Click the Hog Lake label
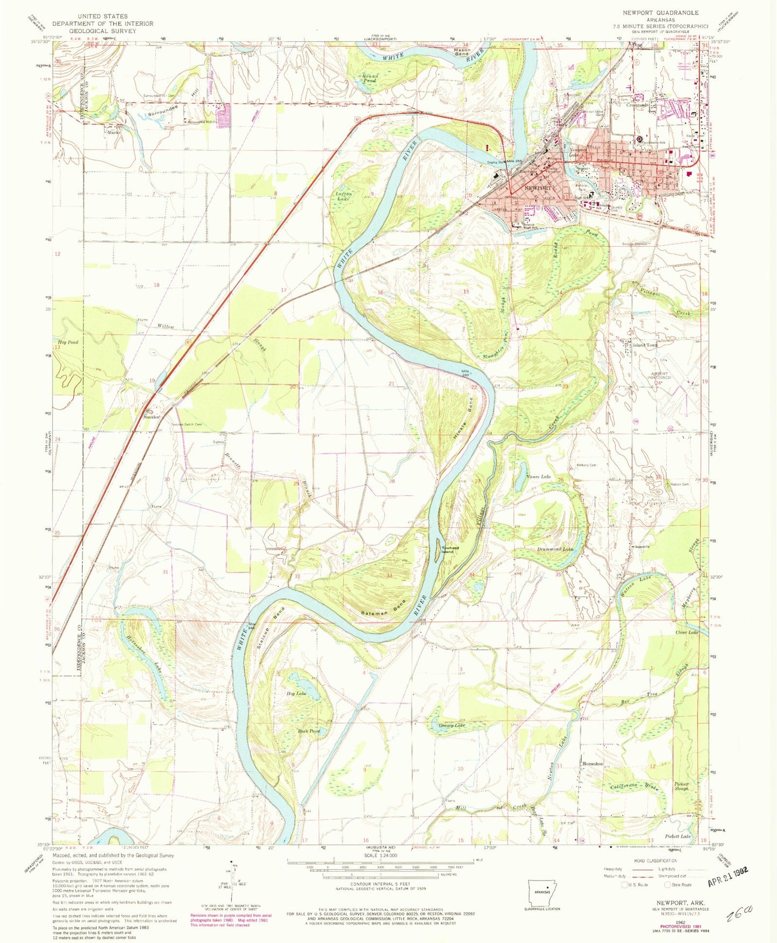[x=297, y=694]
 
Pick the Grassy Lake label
[x=452, y=725]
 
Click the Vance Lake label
[x=538, y=477]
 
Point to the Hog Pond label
[x=68, y=342]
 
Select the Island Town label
[x=645, y=345]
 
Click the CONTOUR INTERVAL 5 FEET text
[x=380, y=883]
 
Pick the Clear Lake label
[x=687, y=633]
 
